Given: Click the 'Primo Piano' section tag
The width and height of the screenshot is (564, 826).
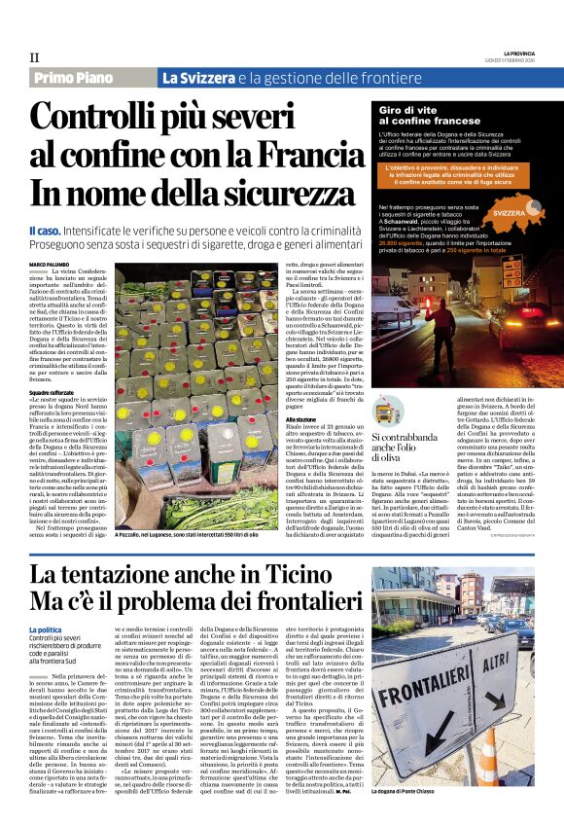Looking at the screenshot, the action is click(x=82, y=78).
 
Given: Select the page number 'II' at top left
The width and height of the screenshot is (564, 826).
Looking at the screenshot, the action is click(x=34, y=58).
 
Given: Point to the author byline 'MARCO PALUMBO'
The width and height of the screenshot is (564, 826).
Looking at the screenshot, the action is click(x=50, y=266).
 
